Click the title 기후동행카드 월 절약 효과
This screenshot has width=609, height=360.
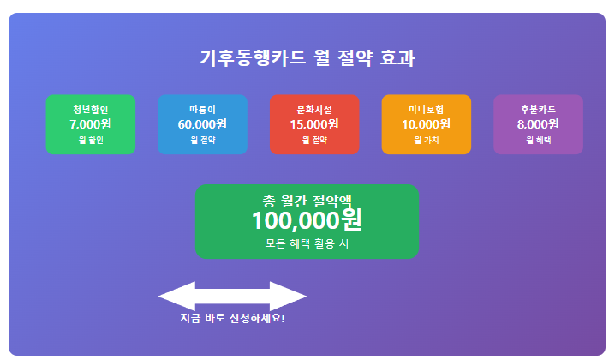[307, 58]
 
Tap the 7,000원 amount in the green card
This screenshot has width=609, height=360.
[90, 124]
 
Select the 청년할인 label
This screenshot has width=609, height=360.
[90, 110]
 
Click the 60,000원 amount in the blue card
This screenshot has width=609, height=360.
[202, 124]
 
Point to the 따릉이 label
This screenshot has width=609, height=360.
[202, 110]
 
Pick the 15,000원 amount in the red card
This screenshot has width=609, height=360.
[314, 124]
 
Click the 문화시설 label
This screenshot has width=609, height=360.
[314, 110]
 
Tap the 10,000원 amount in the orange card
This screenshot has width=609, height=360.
[426, 124]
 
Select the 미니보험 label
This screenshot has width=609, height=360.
[426, 110]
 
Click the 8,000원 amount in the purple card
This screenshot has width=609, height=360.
[538, 124]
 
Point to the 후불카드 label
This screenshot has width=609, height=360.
[538, 110]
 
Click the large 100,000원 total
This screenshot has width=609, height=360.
[307, 221]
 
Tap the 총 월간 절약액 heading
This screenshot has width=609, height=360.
[307, 201]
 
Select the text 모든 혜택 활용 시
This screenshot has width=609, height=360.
[307, 243]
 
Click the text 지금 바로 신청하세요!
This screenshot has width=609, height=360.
[232, 319]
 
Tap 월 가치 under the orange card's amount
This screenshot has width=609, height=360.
[426, 140]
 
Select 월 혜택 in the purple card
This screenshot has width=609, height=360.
[538, 140]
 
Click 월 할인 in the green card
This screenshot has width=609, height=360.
[90, 140]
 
